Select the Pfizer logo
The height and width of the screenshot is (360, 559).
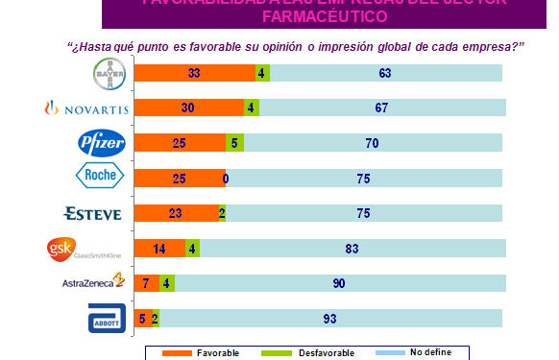pos(103,143)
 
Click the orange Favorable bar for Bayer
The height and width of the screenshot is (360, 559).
pos(194,73)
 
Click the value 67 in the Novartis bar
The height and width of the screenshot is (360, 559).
pos(381,108)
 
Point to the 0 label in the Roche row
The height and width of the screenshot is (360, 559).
pos(224,178)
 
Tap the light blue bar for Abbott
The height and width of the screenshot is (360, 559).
pos(330,318)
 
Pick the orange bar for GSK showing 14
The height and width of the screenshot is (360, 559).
pos(159,248)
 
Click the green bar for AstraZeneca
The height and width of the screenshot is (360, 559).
pos(168,282)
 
